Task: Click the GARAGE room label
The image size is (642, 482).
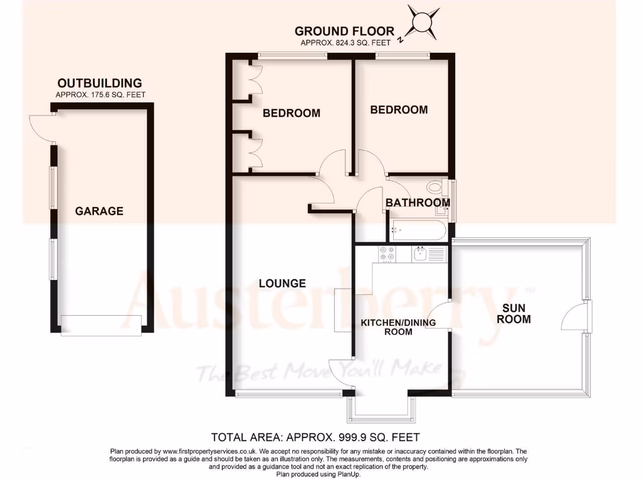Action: (x=99, y=212)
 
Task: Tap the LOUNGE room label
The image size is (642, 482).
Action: (x=282, y=284)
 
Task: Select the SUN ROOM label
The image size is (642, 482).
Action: (x=517, y=314)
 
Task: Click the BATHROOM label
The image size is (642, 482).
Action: (x=418, y=203)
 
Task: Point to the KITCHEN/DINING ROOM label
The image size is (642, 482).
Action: (x=398, y=327)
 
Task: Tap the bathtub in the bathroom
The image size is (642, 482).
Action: (x=417, y=231)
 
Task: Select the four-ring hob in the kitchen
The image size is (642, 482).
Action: (x=387, y=254)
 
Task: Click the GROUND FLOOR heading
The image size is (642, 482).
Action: (x=344, y=31)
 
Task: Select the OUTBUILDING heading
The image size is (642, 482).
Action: (x=100, y=83)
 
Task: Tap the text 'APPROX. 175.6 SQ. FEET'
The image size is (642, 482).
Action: (x=100, y=95)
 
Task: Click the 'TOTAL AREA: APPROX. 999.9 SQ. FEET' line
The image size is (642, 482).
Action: (x=315, y=437)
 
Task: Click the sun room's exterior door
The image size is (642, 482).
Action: (x=574, y=316)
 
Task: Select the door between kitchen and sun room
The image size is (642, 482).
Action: (x=440, y=314)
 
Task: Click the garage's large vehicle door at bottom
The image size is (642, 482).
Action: (x=100, y=324)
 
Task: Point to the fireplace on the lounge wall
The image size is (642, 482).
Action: (x=343, y=310)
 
